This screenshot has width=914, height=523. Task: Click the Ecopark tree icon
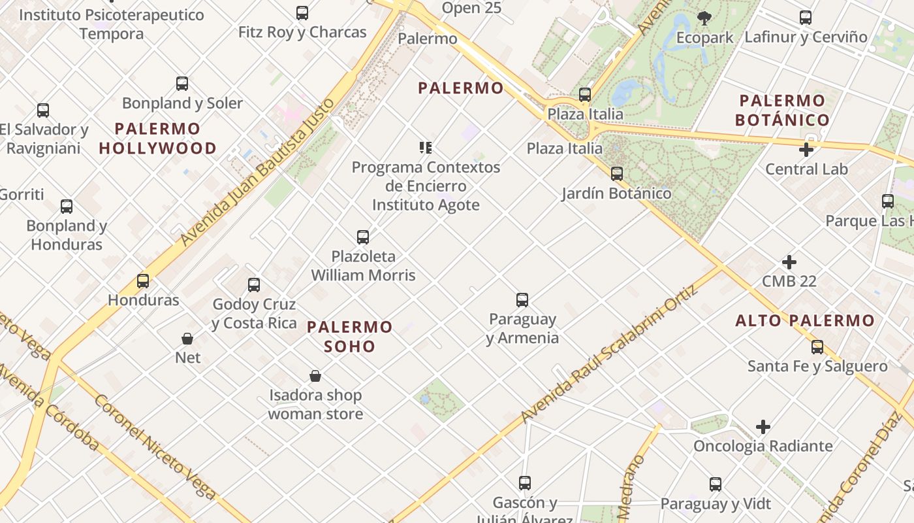(x=704, y=18)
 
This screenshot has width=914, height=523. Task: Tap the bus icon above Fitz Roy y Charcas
(x=302, y=13)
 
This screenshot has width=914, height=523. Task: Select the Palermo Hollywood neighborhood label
(x=157, y=138)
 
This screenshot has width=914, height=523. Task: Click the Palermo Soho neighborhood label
(x=350, y=336)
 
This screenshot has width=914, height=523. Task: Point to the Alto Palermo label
(x=804, y=320)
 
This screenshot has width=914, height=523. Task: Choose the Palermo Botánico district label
(x=782, y=110)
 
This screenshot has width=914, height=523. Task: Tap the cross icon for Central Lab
(x=806, y=150)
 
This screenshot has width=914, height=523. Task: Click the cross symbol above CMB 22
(x=789, y=262)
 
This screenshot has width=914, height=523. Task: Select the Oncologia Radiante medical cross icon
(x=763, y=428)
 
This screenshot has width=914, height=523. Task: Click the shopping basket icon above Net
(x=187, y=339)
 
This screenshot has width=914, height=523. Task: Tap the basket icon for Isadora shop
(x=315, y=376)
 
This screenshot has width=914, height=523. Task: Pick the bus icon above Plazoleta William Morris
(x=363, y=237)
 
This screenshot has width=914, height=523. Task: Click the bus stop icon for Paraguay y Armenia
(x=522, y=300)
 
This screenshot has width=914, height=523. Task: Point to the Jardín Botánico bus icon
(x=616, y=174)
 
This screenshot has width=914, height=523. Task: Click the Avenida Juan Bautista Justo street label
(x=258, y=172)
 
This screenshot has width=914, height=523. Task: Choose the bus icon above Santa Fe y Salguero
(x=817, y=347)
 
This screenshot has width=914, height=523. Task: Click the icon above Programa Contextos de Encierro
(x=426, y=148)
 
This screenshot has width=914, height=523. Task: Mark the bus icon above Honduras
(x=143, y=281)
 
